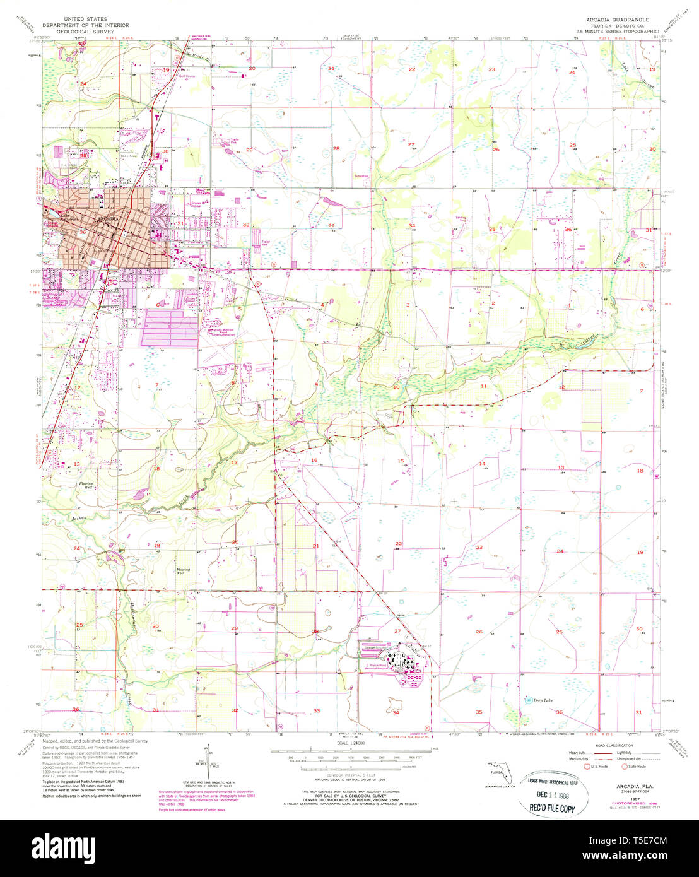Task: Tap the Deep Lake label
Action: (534, 700)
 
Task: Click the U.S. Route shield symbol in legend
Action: (588, 767)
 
